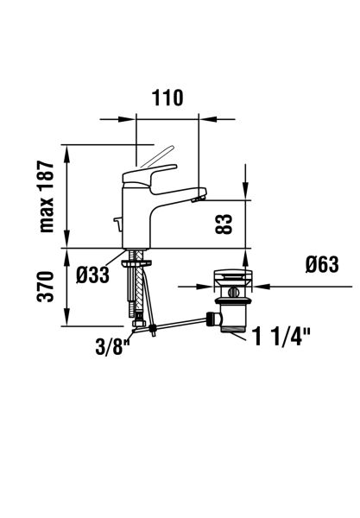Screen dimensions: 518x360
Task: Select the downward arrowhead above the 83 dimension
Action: (245, 193)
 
